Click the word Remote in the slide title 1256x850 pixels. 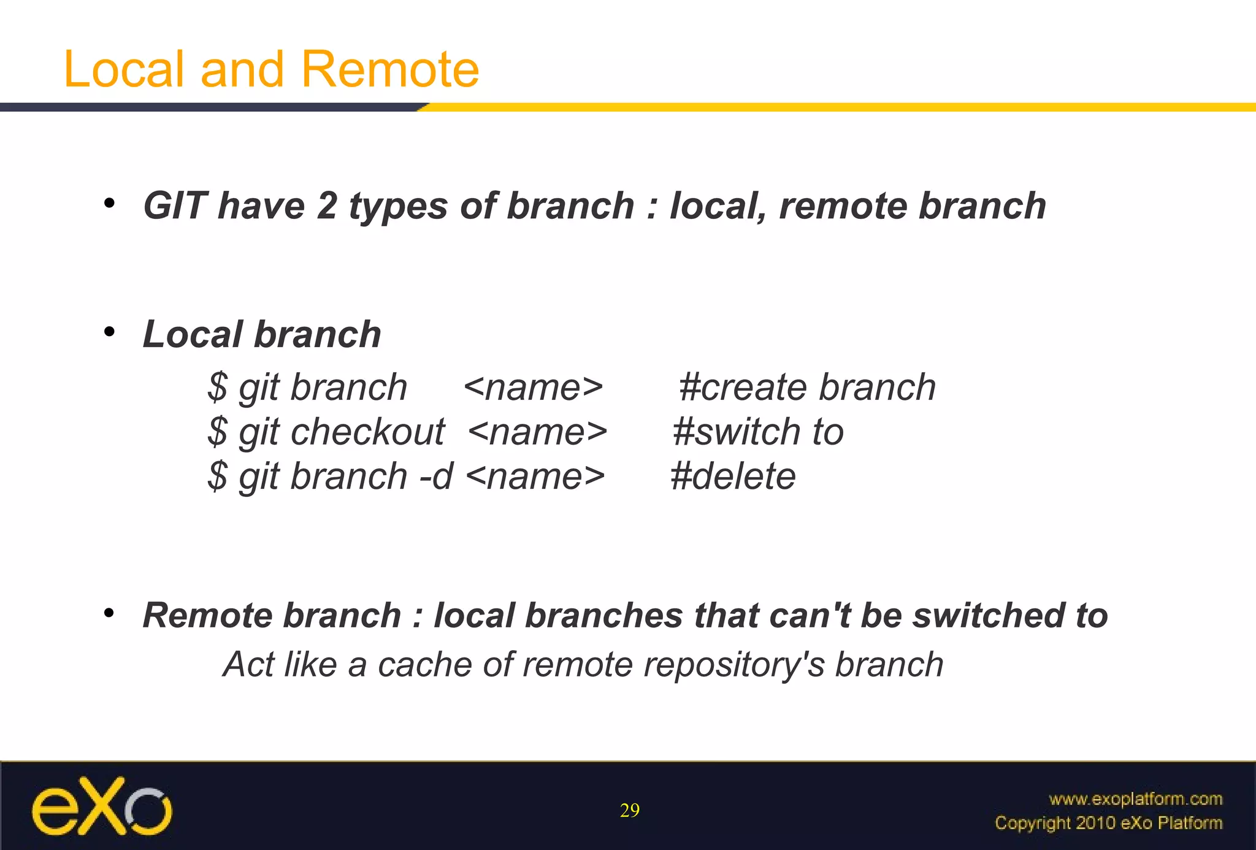tap(390, 69)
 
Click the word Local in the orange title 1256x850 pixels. tap(123, 69)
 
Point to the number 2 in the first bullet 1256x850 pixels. tap(327, 205)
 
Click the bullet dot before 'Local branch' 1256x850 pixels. tap(109, 332)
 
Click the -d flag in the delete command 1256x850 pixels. tap(436, 477)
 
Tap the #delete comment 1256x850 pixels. tap(733, 477)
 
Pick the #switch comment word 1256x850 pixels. tap(736, 432)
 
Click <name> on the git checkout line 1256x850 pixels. tap(537, 432)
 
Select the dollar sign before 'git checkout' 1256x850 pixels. tap(217, 432)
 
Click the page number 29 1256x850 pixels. tap(629, 811)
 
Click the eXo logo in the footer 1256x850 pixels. tap(102, 806)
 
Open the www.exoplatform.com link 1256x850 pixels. tap(1135, 798)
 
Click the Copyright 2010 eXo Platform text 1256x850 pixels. tap(1108, 823)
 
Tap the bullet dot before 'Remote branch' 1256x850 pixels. tap(109, 613)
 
